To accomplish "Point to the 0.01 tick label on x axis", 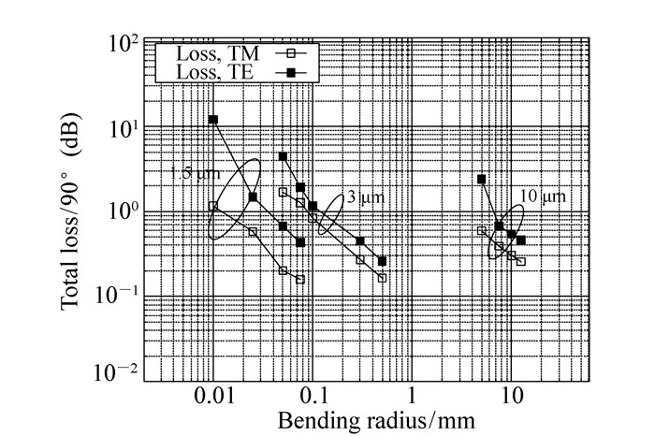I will [x=213, y=396].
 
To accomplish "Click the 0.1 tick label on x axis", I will [x=313, y=396].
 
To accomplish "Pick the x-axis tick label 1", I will [x=412, y=396].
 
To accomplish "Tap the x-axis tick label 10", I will [x=511, y=396].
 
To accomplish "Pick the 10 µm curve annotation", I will [x=544, y=197].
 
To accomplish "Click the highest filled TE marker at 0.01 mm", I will [x=213, y=120].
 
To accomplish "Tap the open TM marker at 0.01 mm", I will [x=213, y=206].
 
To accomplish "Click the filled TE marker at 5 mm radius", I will [x=481, y=179].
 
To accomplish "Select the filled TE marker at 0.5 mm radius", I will [x=382, y=261].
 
